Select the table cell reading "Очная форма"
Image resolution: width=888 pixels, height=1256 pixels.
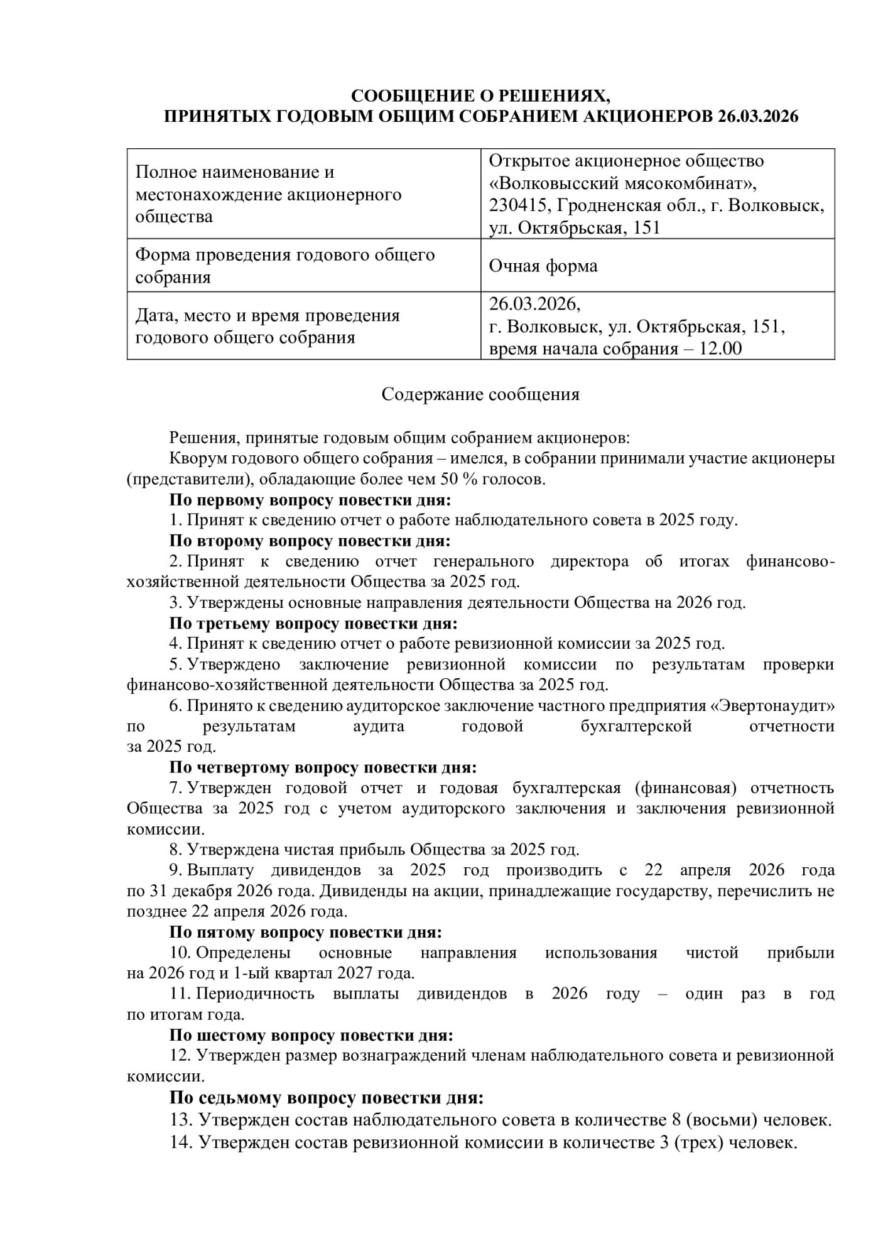point(543,266)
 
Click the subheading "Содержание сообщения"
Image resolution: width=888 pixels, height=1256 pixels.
point(480,394)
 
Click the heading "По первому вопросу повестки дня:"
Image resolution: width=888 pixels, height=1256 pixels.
point(310,501)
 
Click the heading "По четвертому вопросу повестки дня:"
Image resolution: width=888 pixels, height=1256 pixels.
point(323,767)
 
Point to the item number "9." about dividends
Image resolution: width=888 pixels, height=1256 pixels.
point(175,870)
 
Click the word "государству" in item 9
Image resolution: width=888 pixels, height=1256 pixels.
point(656,891)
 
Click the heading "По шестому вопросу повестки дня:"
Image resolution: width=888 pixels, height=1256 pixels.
point(311,1035)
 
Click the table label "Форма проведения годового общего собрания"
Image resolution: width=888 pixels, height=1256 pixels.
point(285,266)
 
